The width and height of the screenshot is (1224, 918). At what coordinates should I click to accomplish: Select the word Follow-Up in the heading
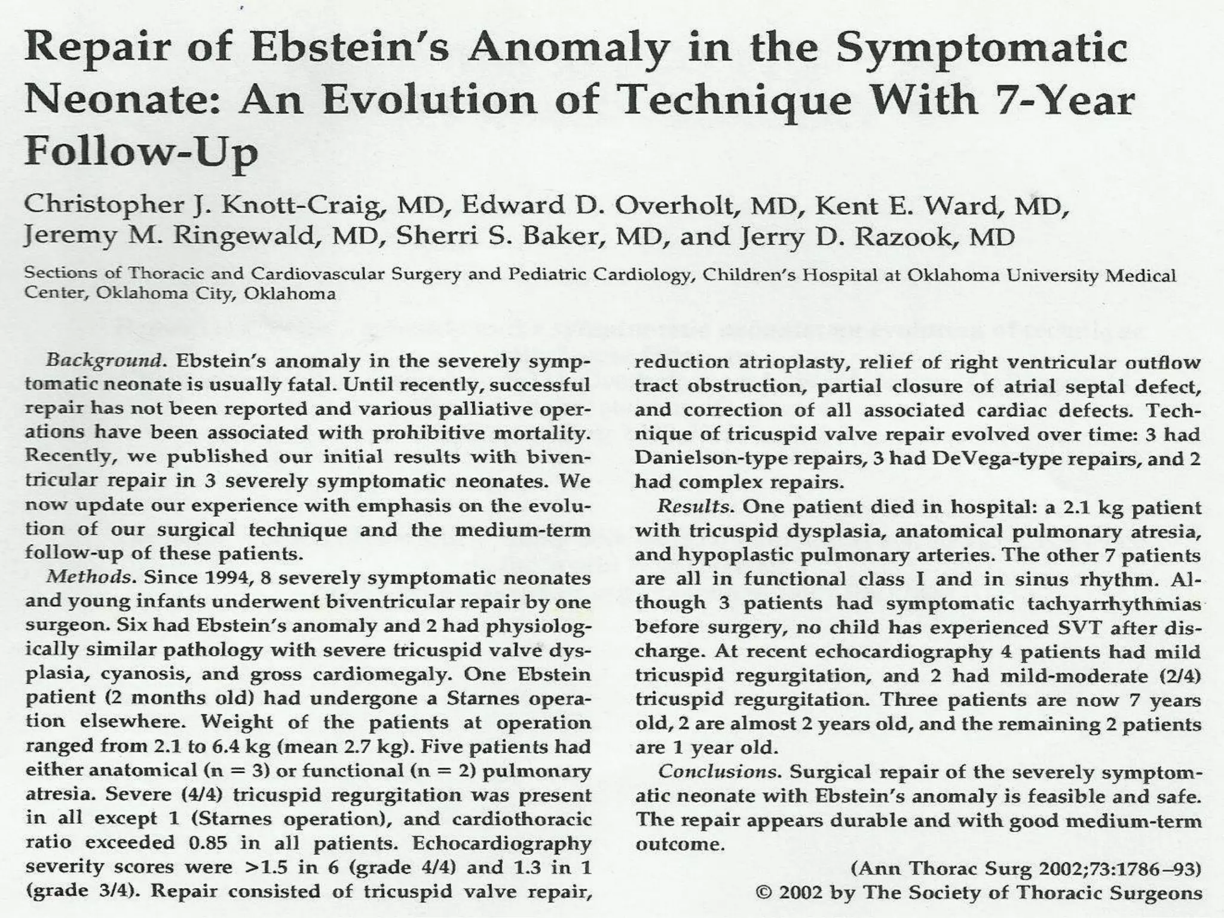pos(141,152)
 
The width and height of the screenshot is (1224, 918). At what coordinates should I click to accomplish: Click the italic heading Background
pos(104,361)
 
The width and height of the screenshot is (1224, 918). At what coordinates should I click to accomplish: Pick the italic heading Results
pos(696,507)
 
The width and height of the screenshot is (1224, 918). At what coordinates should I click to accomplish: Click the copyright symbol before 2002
pos(763,893)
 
